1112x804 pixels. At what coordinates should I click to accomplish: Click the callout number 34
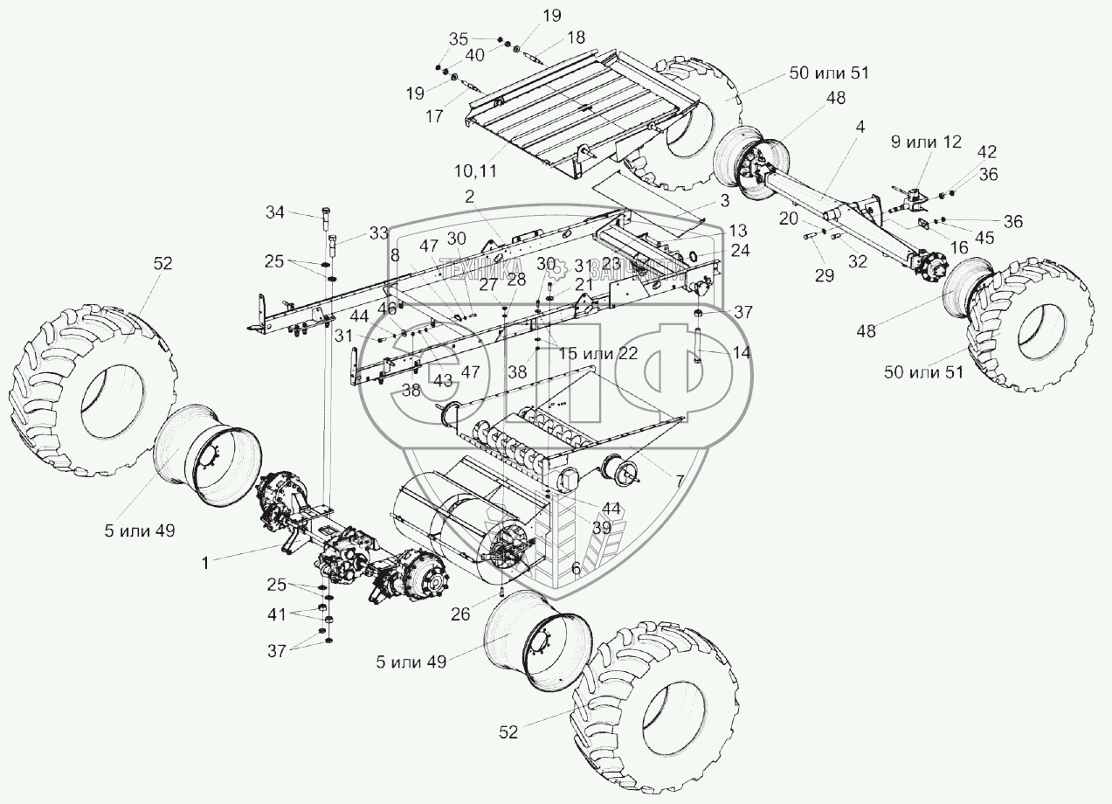click(275, 212)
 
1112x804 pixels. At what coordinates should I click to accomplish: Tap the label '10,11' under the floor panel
click(475, 171)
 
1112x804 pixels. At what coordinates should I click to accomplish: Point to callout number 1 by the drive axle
click(204, 564)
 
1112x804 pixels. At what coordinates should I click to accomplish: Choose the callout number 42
click(962, 150)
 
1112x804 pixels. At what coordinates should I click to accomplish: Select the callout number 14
click(741, 352)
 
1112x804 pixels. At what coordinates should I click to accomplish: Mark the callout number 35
click(459, 39)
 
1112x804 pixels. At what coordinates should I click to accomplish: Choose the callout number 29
click(824, 275)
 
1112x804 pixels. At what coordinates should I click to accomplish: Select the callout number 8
click(395, 255)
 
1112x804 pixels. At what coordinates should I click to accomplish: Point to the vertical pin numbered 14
click(700, 343)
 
